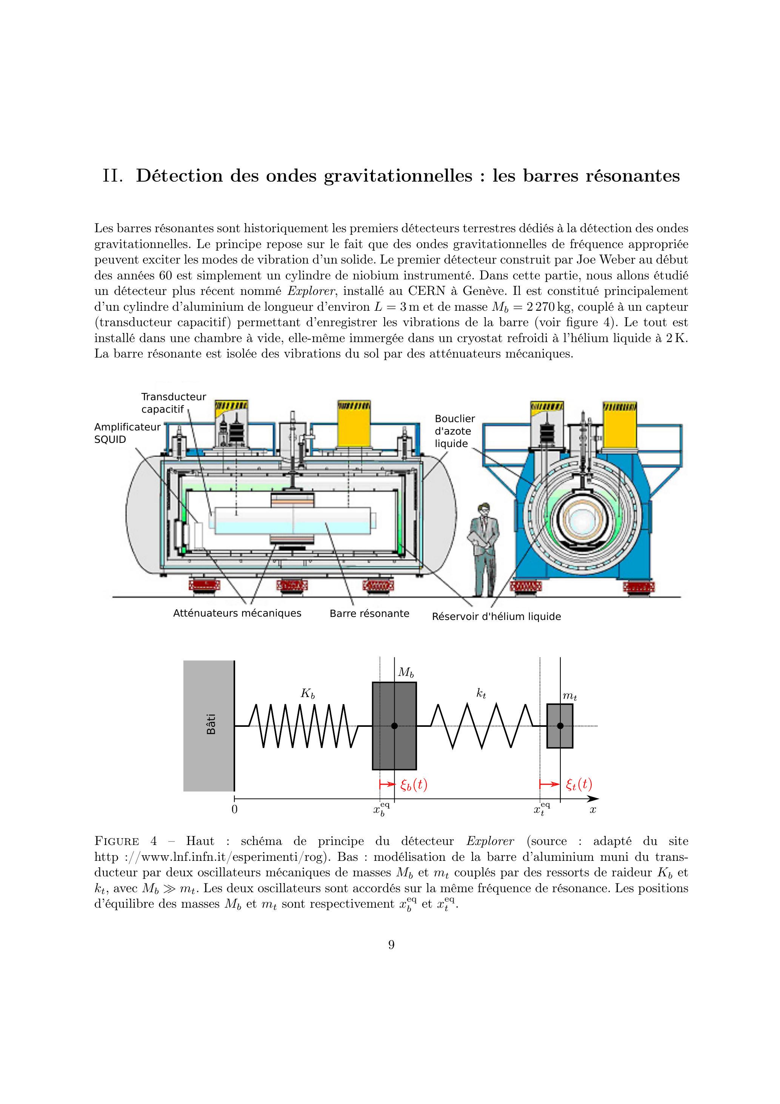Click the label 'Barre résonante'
coord(369,614)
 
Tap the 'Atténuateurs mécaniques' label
coord(237,613)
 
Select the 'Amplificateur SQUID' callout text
coord(127,433)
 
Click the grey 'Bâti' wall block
coord(209,726)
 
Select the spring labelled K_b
coord(304,726)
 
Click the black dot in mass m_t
coord(560,726)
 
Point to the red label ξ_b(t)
coord(413,785)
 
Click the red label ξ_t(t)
coord(578,785)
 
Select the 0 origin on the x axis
coord(235,809)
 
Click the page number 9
coord(391,945)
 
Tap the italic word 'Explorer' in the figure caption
coord(490,842)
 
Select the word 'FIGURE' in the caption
coord(117,842)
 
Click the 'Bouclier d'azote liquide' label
coord(455,431)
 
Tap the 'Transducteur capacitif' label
coord(174,403)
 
